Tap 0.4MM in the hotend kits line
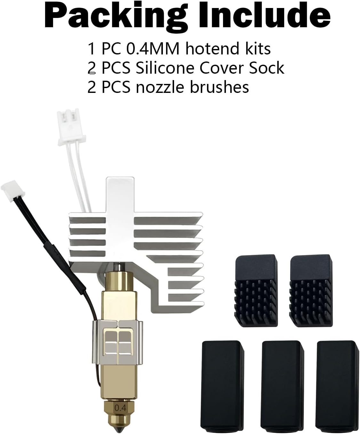[153, 49]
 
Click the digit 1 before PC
[91, 49]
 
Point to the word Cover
[221, 68]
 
